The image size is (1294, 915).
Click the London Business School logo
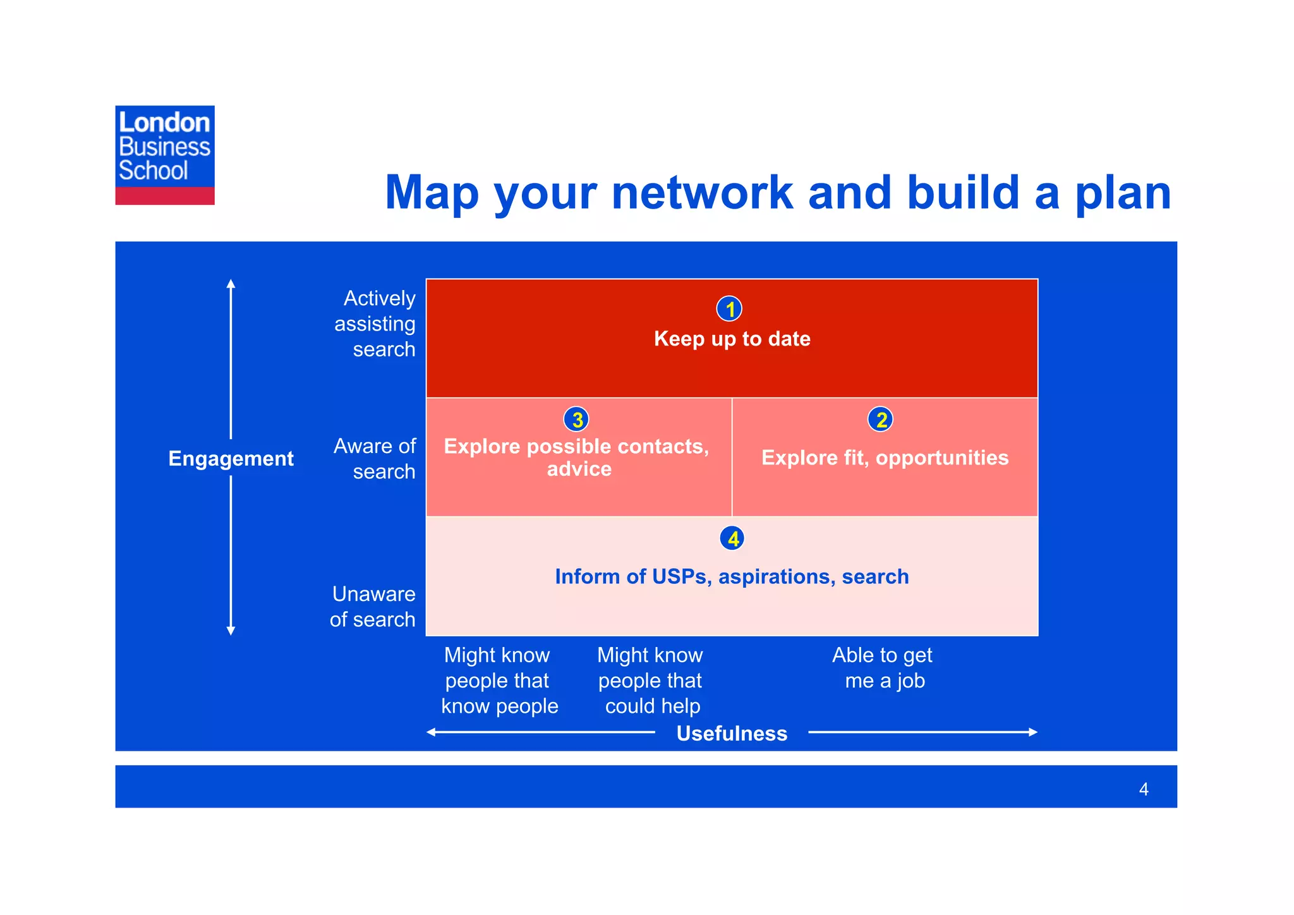164,155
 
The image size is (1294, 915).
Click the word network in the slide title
701,192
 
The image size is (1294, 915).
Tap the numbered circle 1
729,309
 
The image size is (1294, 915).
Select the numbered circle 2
880,419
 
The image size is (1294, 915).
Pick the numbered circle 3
576,419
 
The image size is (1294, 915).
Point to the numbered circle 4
732,538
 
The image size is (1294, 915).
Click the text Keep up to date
732,339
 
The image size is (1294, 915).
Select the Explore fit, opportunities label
885,457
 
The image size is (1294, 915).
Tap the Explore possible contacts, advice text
577,457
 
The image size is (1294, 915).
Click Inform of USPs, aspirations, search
732,576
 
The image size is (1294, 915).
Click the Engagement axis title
231,458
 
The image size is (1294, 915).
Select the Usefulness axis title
732,733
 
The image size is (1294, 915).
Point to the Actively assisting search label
375,324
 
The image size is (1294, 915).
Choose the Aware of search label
375,459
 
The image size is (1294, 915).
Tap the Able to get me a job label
883,668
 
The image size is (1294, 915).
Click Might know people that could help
651,681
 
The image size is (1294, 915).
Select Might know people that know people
499,681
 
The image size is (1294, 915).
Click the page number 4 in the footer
1143,789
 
